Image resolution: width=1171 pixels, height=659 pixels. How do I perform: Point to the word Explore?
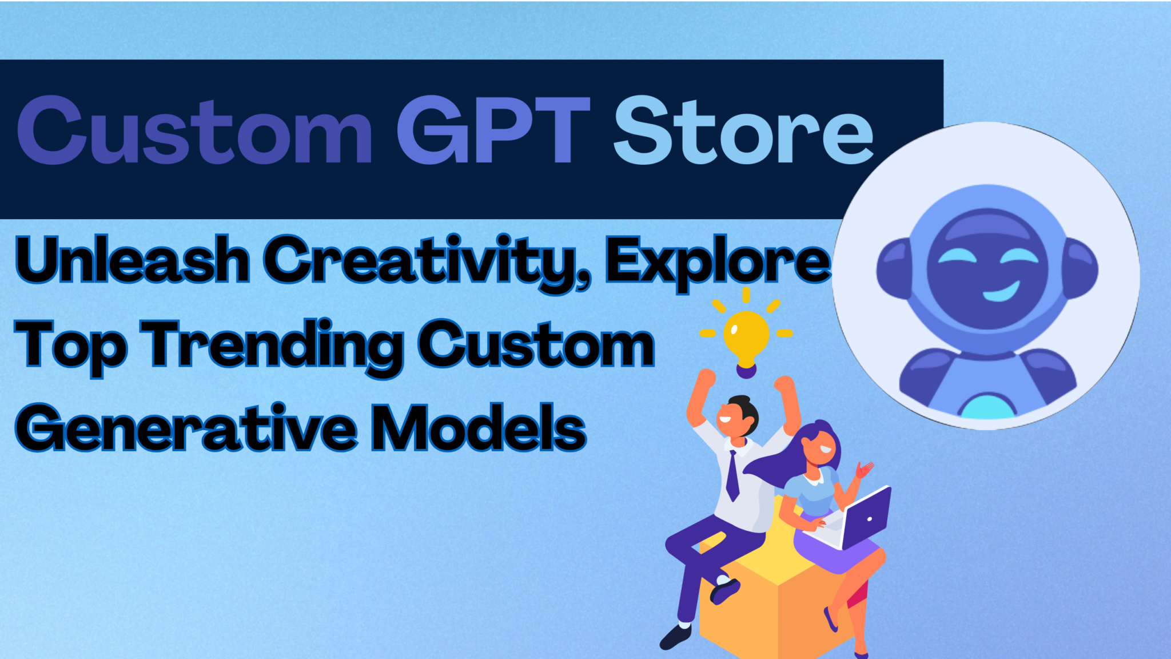click(718, 262)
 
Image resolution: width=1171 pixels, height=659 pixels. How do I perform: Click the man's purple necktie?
click(732, 475)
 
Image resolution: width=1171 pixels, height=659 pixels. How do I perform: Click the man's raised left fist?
click(707, 378)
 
